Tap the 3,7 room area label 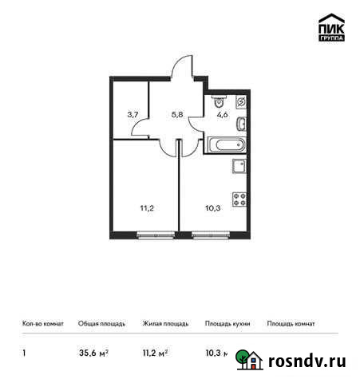(134, 113)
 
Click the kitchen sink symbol (238, 166)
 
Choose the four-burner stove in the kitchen (238, 199)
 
